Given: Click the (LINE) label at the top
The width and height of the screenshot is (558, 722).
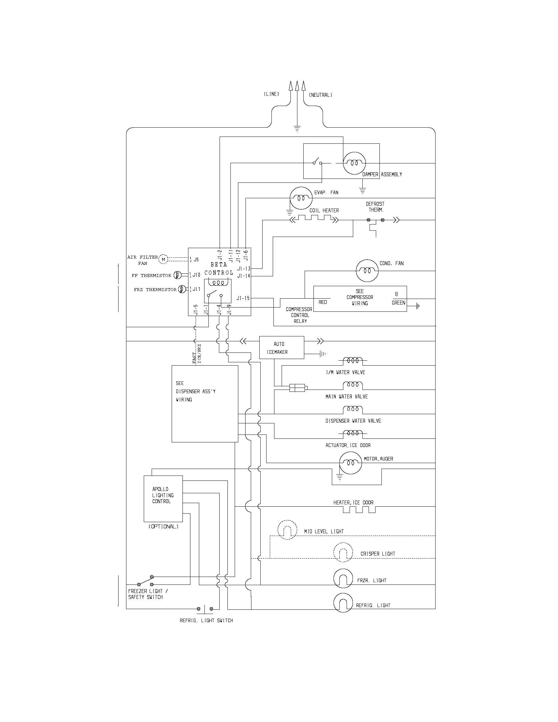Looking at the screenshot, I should pos(271,94).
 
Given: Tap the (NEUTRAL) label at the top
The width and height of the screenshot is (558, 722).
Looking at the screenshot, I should pos(320,95).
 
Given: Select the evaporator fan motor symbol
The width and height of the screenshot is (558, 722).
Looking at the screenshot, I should pos(301,198).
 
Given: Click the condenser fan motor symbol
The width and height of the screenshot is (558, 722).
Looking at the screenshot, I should pos(367,271).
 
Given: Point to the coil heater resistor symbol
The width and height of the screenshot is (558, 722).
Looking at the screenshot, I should pos(314,218).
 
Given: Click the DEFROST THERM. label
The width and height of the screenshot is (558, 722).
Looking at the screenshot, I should pos(375,207).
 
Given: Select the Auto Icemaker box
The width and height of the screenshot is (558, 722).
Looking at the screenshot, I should pos(281,348).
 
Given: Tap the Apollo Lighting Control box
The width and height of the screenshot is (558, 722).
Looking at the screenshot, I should pos(163,499).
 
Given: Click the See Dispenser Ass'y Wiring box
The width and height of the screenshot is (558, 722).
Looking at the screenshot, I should pos(204,404).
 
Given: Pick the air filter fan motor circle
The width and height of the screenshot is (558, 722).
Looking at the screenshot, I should pos(163,260).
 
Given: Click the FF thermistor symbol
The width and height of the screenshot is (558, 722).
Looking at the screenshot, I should pos(177,275).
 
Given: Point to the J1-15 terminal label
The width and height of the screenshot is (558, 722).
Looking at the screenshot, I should pos(243,298).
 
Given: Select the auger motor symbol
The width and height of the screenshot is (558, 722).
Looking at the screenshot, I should pos(351,463).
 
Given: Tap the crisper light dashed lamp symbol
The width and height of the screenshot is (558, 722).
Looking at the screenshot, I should pos(343,552).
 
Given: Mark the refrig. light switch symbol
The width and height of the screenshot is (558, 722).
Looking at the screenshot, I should pos(205,608).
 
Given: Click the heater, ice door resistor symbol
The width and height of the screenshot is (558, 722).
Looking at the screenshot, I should pos(359,509).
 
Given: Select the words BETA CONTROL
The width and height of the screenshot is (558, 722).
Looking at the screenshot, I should pos(219,268).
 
